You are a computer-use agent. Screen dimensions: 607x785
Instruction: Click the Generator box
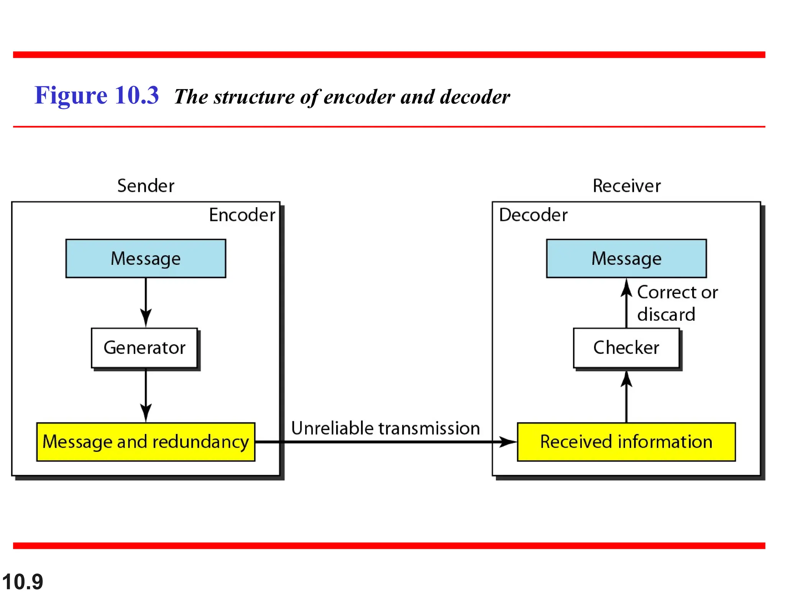pyautogui.click(x=145, y=348)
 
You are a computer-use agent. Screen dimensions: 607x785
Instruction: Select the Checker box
pyautogui.click(x=626, y=348)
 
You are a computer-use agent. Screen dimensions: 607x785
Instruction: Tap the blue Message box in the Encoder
pyautogui.click(x=146, y=258)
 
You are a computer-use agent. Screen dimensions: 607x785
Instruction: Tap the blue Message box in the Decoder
pyautogui.click(x=626, y=258)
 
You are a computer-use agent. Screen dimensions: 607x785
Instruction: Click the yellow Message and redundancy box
pyautogui.click(x=146, y=442)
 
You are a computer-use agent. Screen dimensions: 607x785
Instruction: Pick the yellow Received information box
pyautogui.click(x=626, y=442)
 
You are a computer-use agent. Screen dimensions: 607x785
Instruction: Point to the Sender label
pyautogui.click(x=146, y=186)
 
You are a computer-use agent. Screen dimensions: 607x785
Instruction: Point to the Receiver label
pyautogui.click(x=626, y=186)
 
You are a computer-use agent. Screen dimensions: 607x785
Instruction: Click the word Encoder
pyautogui.click(x=242, y=215)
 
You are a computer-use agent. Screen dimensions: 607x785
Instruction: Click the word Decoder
pyautogui.click(x=533, y=215)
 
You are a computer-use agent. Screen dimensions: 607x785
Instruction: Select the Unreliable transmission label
pyautogui.click(x=385, y=428)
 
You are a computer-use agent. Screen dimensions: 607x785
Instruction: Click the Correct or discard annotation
pyautogui.click(x=677, y=303)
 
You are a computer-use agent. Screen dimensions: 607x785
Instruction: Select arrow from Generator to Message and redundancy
pyautogui.click(x=146, y=395)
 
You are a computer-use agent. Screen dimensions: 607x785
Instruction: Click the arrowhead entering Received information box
pyautogui.click(x=508, y=442)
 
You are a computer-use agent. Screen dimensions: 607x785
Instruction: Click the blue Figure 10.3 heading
pyautogui.click(x=97, y=95)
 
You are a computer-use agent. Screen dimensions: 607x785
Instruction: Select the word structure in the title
pyautogui.click(x=254, y=97)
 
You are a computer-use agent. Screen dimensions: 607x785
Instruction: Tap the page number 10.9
pyautogui.click(x=23, y=582)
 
